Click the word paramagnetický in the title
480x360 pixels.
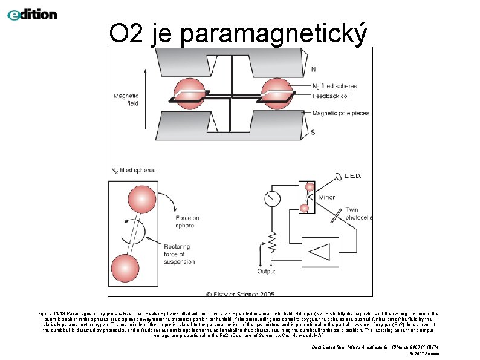click(273, 35)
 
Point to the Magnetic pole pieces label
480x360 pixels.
click(342, 113)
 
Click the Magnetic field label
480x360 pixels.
click(126, 99)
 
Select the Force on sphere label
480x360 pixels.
click(184, 221)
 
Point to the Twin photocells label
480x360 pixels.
click(359, 214)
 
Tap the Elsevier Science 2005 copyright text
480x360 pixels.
click(240, 294)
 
